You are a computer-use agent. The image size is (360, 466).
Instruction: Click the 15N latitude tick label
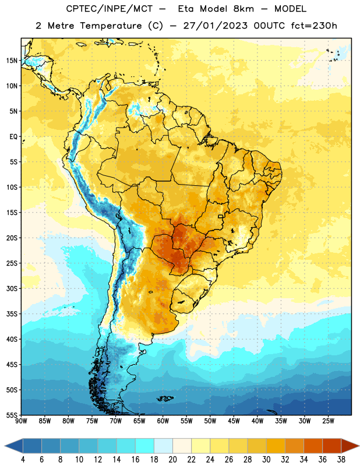click(x=12, y=61)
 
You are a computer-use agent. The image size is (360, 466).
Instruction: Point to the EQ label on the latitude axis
click(x=13, y=137)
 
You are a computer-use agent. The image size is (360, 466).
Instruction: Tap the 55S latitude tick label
click(x=12, y=415)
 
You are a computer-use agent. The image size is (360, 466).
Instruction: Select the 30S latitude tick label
click(x=12, y=288)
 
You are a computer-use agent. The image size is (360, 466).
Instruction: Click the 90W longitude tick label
click(x=21, y=421)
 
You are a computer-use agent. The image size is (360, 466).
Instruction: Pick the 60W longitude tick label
click(x=163, y=421)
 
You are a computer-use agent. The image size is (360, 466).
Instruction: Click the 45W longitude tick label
click(x=234, y=421)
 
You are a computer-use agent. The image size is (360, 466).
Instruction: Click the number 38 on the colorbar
click(x=341, y=460)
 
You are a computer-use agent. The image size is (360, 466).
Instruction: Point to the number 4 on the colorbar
click(x=23, y=460)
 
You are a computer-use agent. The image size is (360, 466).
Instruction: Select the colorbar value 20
click(x=172, y=460)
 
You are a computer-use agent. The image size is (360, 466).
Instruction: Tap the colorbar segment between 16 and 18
click(x=145, y=446)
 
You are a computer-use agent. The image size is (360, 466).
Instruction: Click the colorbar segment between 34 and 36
click(x=313, y=446)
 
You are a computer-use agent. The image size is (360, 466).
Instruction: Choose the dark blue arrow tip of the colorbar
click(x=5, y=446)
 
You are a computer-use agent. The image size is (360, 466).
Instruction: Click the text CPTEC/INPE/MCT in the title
click(x=109, y=9)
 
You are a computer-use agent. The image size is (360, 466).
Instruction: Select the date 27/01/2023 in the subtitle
click(x=215, y=26)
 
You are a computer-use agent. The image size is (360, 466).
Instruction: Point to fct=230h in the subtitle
click(x=314, y=26)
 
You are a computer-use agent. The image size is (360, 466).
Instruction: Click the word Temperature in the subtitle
click(x=111, y=26)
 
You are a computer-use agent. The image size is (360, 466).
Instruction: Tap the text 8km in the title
click(x=243, y=9)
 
